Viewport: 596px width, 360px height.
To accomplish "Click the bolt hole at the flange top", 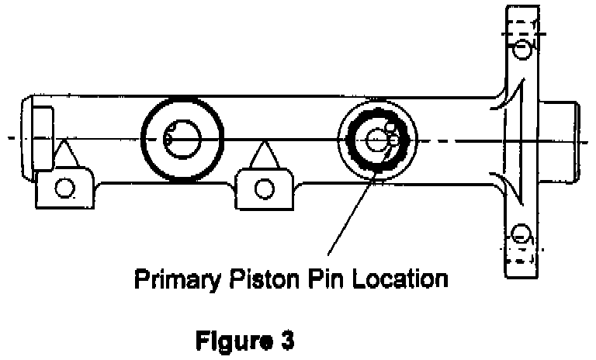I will [521, 50].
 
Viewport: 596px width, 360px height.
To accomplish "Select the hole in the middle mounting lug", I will [265, 186].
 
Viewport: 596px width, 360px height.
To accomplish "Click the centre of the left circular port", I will [184, 140].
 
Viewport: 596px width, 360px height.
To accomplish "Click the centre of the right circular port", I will [378, 140].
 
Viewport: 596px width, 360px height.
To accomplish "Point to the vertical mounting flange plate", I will [521, 140].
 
